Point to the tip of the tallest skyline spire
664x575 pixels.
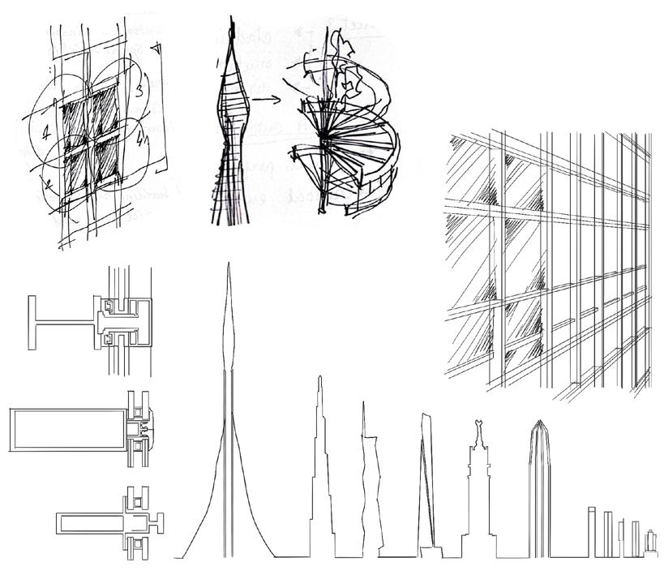point(229,268)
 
